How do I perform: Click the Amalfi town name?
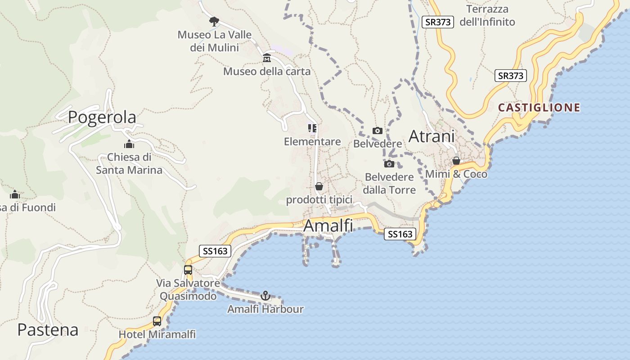[328, 225]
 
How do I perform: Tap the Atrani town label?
[432, 136]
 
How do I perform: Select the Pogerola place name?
[102, 117]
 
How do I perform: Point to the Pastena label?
[48, 330]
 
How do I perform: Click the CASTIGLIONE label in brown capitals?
[539, 108]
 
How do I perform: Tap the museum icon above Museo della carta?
[267, 58]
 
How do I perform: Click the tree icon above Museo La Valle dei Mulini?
[214, 21]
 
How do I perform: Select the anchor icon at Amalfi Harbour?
[265, 296]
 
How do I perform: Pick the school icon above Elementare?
[312, 128]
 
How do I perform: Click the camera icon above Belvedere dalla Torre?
[389, 164]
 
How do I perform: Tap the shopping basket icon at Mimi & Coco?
[456, 161]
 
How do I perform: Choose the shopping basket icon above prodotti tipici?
[319, 186]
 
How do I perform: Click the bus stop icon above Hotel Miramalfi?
[157, 321]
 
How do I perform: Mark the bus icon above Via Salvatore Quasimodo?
[188, 270]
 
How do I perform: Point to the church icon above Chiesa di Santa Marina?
[129, 144]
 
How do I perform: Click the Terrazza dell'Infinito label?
[487, 15]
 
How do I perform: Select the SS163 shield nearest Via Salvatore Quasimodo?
[215, 251]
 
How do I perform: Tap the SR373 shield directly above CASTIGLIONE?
[511, 76]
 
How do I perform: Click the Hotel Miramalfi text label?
[157, 334]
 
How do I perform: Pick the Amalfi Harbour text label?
[265, 309]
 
